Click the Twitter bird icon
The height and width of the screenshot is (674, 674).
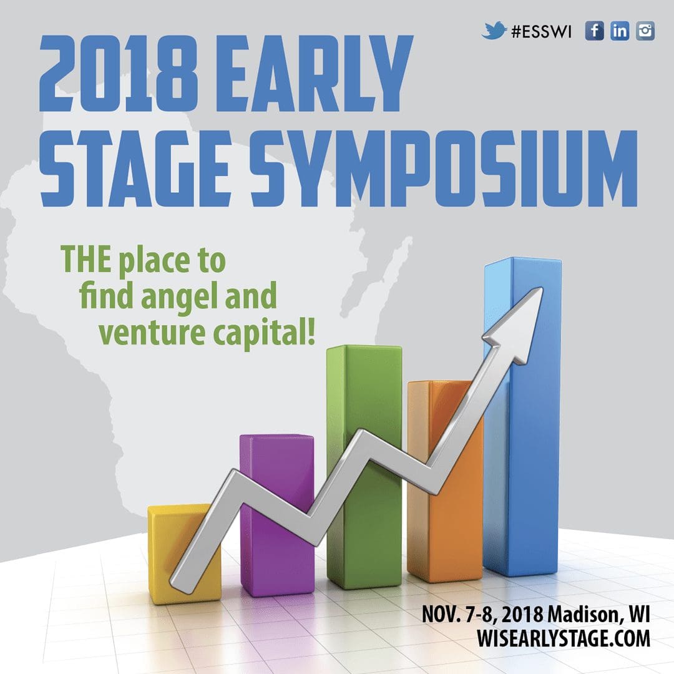point(494,31)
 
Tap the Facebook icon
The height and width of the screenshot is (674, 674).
point(595,31)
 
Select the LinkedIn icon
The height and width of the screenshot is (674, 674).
point(620,31)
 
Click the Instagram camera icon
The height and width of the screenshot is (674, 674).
point(645,31)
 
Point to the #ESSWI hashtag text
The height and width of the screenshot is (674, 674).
point(542,31)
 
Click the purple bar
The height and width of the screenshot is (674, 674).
point(277,516)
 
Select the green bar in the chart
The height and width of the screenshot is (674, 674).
point(364,467)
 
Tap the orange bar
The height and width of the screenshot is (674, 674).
point(445,481)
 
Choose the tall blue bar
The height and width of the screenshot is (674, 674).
point(522,417)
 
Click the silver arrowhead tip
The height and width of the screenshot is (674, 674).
point(542,288)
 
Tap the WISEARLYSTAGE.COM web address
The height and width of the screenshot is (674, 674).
point(563,638)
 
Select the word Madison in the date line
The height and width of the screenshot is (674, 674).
point(585,615)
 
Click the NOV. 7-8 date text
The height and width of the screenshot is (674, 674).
point(459,615)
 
